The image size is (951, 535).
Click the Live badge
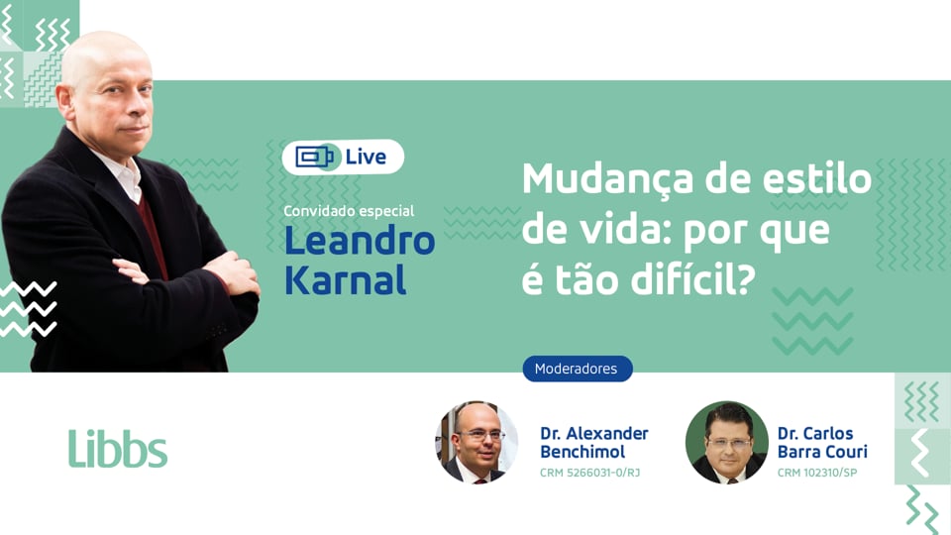point(343,157)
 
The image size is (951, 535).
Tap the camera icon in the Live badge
point(316,157)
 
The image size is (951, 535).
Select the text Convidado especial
point(349,211)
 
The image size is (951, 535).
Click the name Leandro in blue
point(360,241)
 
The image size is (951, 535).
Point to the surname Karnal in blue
point(345,279)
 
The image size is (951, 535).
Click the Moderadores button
point(577,369)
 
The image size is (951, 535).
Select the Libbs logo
point(118,449)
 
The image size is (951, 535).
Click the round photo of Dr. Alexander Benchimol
point(476,442)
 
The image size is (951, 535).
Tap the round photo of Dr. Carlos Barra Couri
point(726,442)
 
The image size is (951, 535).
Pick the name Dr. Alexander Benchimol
point(593,442)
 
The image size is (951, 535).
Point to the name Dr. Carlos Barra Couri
point(822,442)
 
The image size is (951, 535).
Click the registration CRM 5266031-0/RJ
point(589,472)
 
